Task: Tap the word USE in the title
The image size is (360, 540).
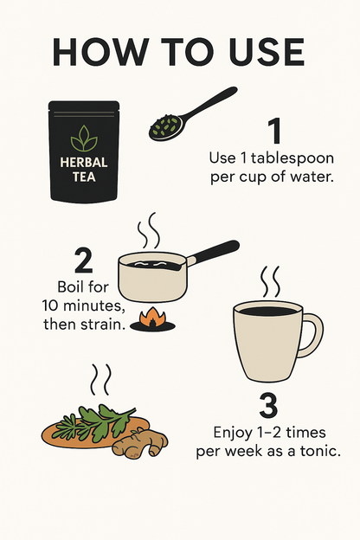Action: click(267, 52)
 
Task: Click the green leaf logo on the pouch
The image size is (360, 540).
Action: click(84, 138)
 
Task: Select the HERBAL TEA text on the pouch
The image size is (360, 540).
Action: click(84, 170)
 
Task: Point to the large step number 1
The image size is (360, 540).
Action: click(274, 131)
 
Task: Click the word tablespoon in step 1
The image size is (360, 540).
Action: click(292, 158)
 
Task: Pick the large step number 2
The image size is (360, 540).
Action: click(83, 260)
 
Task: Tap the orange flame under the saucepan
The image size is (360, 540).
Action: click(152, 318)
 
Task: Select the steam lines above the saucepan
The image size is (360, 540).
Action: click(149, 230)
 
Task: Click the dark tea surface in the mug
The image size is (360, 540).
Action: click(268, 311)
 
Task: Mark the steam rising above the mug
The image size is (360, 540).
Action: click(270, 282)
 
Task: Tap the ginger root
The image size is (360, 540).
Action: click(140, 443)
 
